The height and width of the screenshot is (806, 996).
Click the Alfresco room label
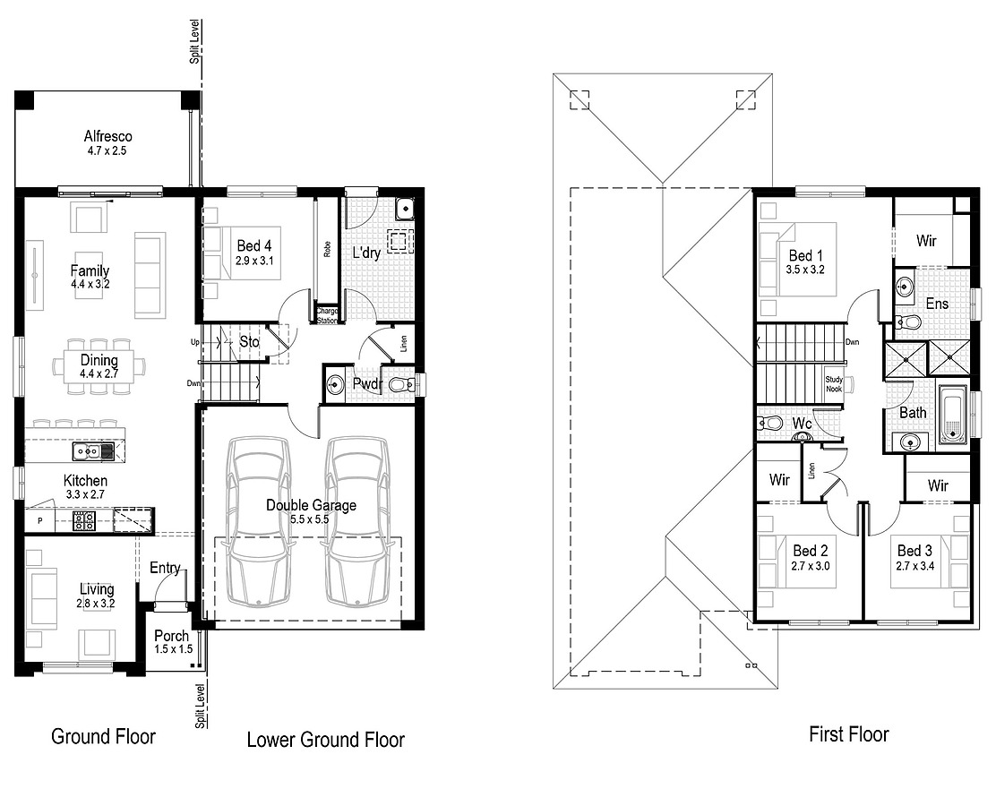pos(107,136)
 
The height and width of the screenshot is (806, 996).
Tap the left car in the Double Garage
pos(258,521)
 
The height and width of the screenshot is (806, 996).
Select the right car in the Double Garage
pos(357,521)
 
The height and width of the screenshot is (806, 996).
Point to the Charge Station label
pos(327,315)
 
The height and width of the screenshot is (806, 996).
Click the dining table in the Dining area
pos(98,366)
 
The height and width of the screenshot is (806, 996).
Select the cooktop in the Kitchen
pos(84,520)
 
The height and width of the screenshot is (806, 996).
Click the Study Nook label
pos(834,384)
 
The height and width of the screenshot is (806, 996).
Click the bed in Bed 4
pos(242,253)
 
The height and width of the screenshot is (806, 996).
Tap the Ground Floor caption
pos(103,737)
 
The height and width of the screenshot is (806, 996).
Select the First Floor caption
pos(848,735)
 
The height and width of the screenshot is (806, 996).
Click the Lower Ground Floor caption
pos(325,740)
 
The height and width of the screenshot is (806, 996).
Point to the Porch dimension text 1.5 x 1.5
pos(173,649)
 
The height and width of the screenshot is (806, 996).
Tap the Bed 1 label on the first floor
pos(805,256)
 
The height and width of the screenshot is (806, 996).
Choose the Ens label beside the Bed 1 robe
pos(937,304)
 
